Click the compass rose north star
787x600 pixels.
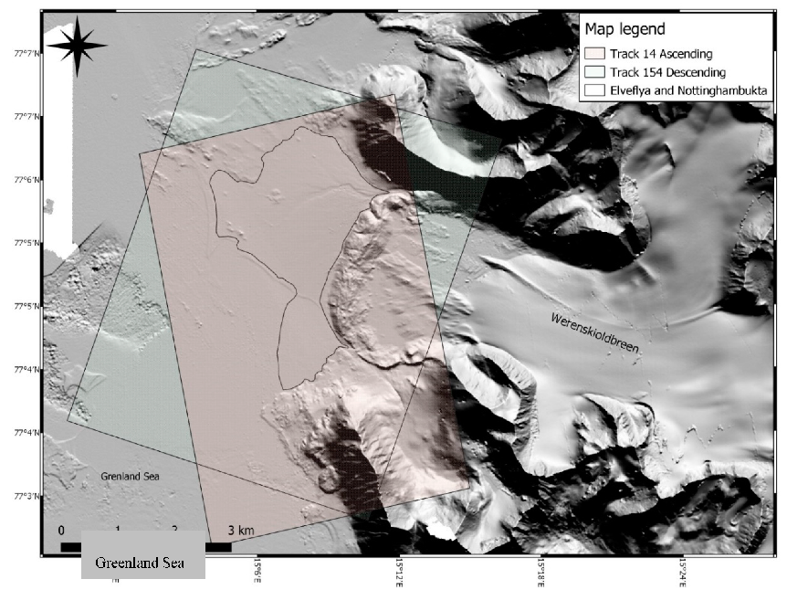coord(78,44)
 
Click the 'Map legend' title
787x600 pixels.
coord(626,30)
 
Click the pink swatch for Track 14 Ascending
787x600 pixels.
coord(596,54)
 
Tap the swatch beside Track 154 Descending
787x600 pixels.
coord(596,72)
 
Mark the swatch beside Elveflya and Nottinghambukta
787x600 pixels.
coord(596,90)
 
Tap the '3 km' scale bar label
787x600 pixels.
coord(240,530)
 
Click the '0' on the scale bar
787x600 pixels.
coord(61,530)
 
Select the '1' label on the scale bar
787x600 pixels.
coord(118,530)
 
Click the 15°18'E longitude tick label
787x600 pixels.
coord(542,572)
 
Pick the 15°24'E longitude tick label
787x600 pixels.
coord(684,572)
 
